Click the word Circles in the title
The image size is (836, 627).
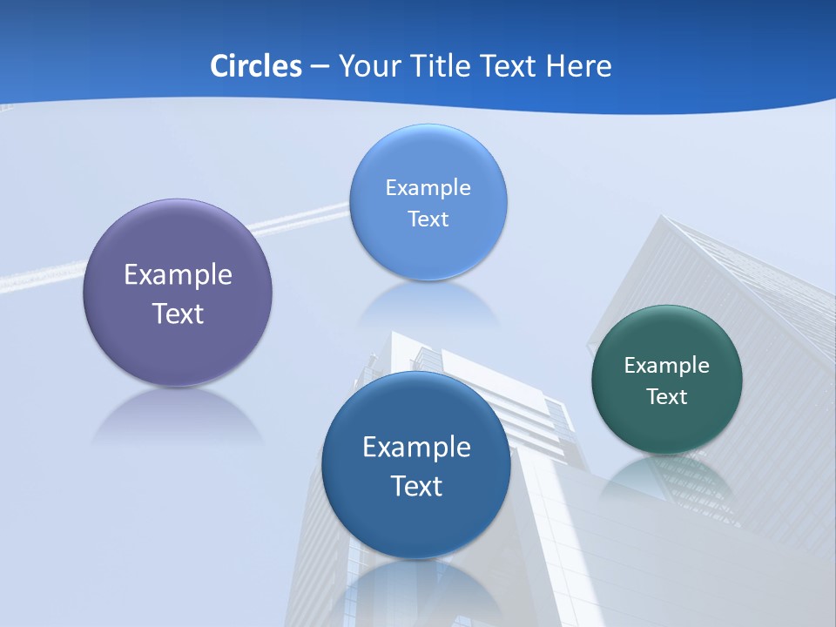point(255,66)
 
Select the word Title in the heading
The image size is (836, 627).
point(442,66)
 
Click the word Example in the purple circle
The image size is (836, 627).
point(178,275)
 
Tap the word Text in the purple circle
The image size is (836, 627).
point(178,313)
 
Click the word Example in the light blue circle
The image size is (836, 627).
point(428,188)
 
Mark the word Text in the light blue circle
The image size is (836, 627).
point(428,219)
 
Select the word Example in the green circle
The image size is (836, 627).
point(667,366)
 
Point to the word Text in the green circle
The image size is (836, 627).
point(667,397)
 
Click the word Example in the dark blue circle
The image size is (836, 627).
point(416,448)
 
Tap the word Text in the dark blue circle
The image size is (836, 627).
point(416,486)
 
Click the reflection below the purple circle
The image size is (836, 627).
point(178,416)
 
